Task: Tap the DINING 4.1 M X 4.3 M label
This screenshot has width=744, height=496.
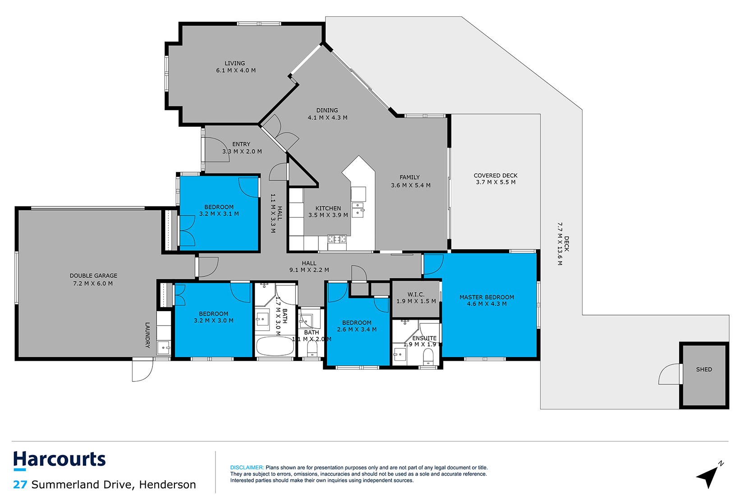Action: [x=327, y=114]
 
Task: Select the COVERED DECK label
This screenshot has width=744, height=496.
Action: [x=496, y=179]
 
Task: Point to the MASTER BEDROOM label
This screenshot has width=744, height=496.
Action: [x=487, y=300]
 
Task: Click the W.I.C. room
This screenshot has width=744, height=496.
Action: [x=416, y=298]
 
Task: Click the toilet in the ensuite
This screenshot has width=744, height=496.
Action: [x=428, y=357]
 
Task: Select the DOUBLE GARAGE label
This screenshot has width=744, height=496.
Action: [x=93, y=279]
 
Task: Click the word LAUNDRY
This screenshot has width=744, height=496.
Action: [x=147, y=335]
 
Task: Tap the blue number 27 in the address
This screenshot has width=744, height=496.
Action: [x=20, y=485]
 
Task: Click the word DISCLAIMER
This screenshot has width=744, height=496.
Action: [x=247, y=468]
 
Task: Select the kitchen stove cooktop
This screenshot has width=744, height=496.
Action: [x=337, y=239]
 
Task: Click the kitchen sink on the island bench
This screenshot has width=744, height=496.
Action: [x=358, y=209]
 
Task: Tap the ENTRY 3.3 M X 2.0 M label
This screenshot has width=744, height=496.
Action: [x=242, y=148]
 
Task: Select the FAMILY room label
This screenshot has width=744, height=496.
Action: [x=410, y=181]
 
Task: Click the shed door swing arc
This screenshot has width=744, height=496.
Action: [x=668, y=375]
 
